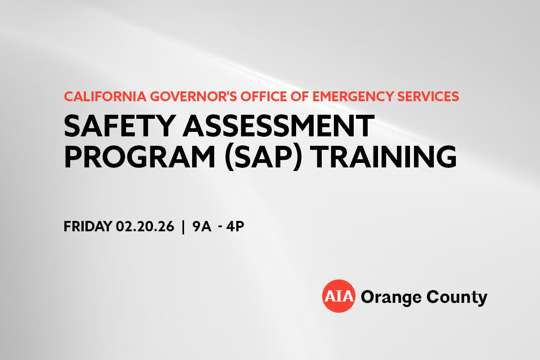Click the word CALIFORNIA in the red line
click(x=105, y=96)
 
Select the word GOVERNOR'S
click(x=193, y=96)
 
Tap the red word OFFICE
click(x=264, y=96)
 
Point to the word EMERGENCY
click(x=353, y=96)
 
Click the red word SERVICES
click(x=428, y=96)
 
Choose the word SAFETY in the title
click(x=120, y=126)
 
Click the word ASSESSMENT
click(x=279, y=126)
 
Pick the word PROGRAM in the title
click(x=139, y=157)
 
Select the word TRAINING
click(x=383, y=157)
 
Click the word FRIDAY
click(x=88, y=226)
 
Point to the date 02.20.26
click(x=145, y=226)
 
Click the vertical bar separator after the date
click(x=183, y=227)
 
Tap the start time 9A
click(x=202, y=226)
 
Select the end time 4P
click(x=235, y=226)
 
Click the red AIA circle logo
click(x=339, y=296)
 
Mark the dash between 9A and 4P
click(x=220, y=227)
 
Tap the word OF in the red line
click(x=300, y=96)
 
